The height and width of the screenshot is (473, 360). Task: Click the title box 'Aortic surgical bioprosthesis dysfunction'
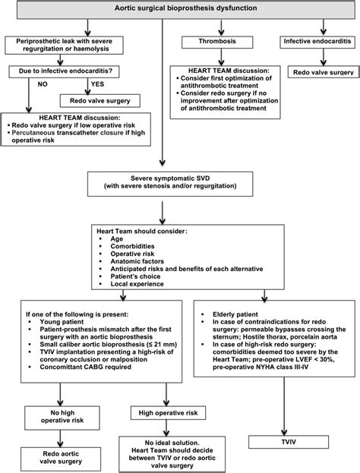click(180, 10)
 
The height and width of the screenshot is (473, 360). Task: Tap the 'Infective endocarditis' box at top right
click(315, 45)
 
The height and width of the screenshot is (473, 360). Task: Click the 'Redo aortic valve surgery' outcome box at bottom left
click(55, 453)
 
